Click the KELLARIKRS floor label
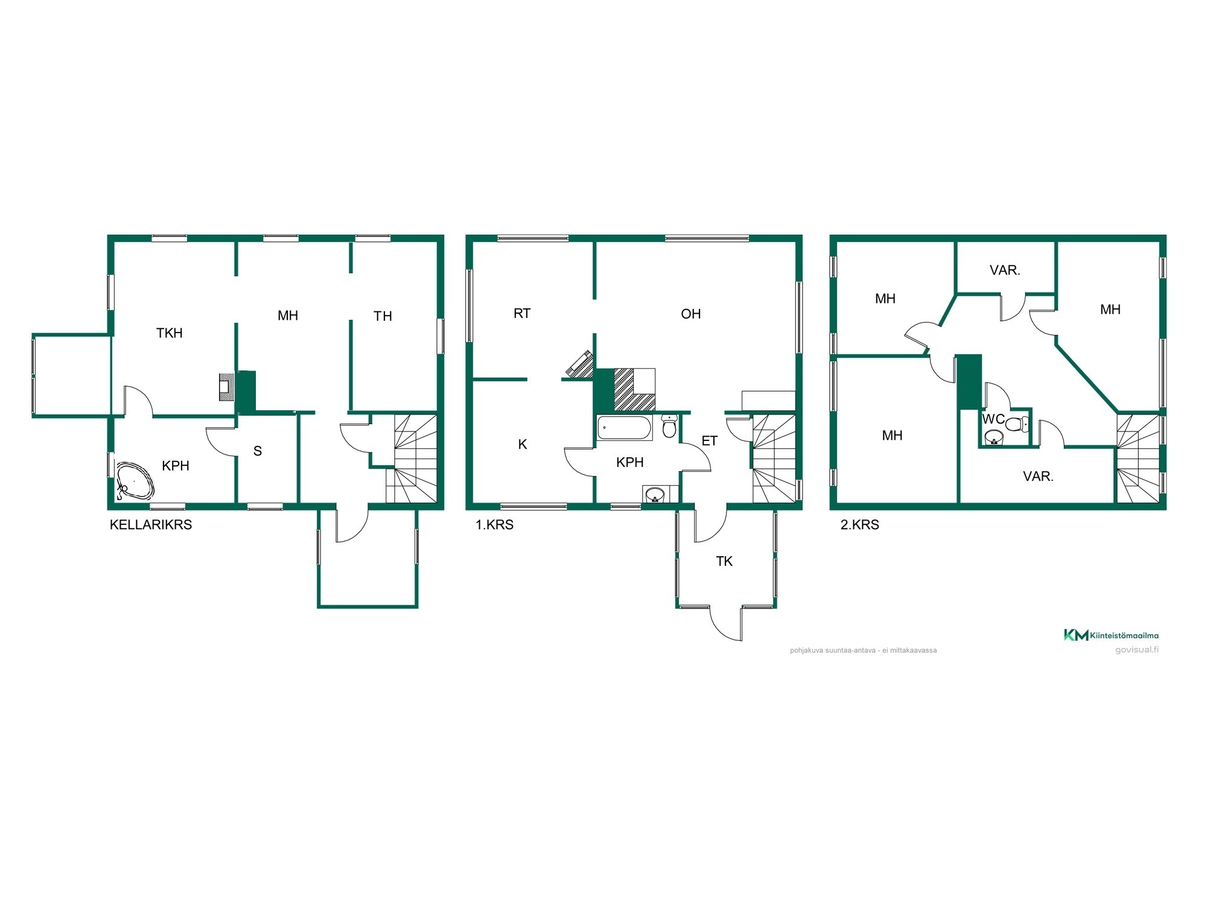click(151, 525)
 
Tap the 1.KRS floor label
click(494, 525)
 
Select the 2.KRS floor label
click(859, 525)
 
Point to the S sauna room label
click(258, 451)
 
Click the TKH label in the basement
click(170, 333)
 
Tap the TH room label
click(383, 316)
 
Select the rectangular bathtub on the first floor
click(625, 428)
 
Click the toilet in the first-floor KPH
click(669, 426)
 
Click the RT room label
click(522, 314)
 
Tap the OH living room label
click(691, 314)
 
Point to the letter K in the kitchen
click(523, 445)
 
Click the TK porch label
click(724, 562)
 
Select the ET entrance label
click(710, 441)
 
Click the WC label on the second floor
click(993, 419)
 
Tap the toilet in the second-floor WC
click(1017, 424)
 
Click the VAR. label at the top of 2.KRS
click(1005, 270)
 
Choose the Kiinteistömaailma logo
click(1111, 635)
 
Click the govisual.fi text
click(1137, 650)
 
